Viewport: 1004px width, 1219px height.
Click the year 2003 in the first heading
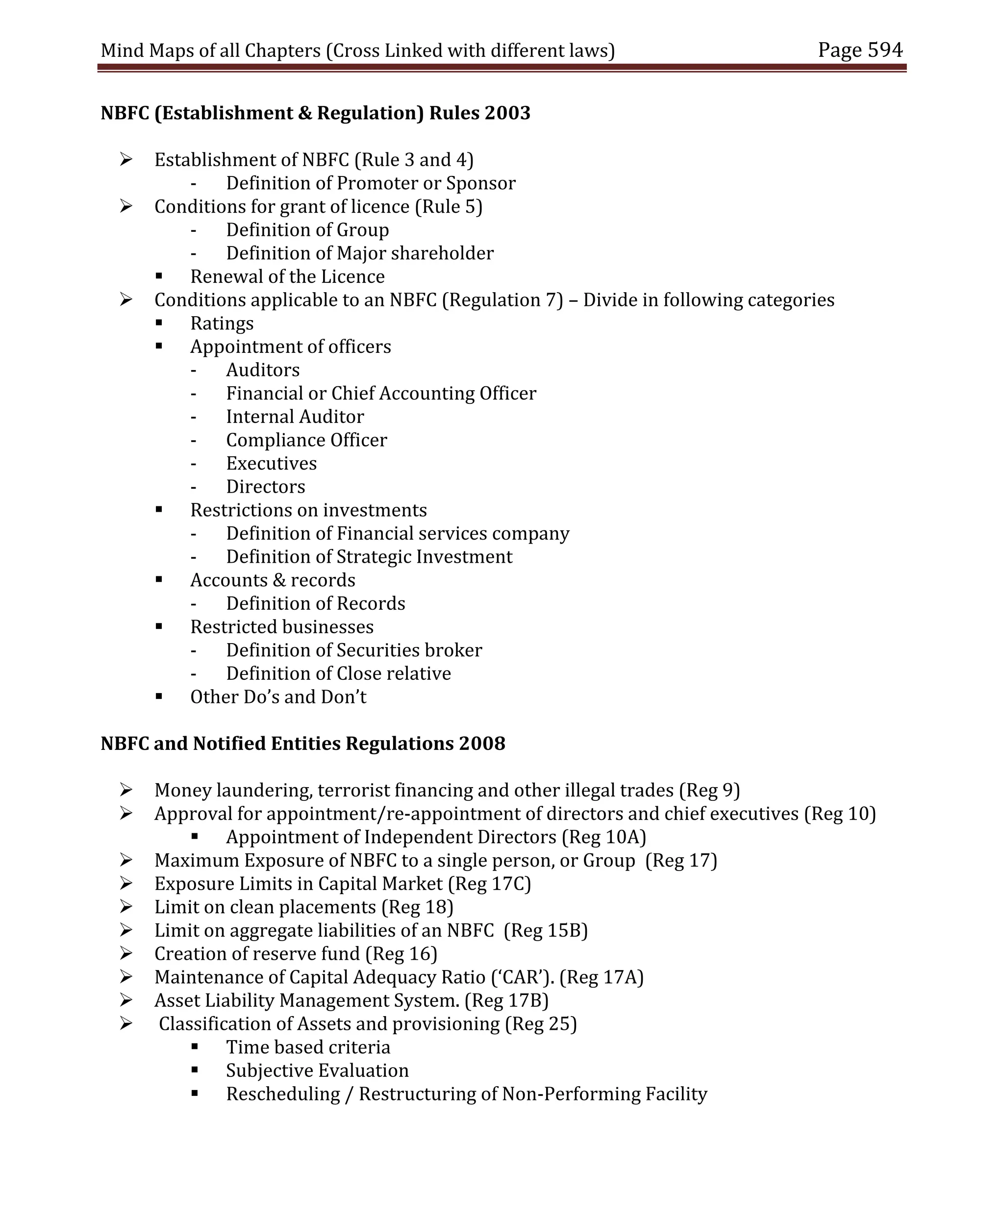tap(507, 113)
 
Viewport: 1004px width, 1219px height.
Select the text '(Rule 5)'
tap(448, 206)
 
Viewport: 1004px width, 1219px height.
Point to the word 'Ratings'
tap(222, 323)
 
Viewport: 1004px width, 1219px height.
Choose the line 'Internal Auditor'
tap(295, 417)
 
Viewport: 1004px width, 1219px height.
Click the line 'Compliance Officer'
tap(306, 440)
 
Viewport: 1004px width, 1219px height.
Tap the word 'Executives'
tap(271, 464)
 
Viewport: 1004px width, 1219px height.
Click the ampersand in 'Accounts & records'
tap(279, 580)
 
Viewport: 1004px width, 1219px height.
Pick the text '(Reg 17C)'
tap(489, 884)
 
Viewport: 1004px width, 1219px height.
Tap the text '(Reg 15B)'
tap(545, 930)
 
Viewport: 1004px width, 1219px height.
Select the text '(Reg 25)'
tap(541, 1024)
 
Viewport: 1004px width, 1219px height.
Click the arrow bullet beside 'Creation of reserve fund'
tap(126, 953)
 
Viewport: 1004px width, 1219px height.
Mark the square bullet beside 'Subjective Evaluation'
tap(194, 1070)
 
